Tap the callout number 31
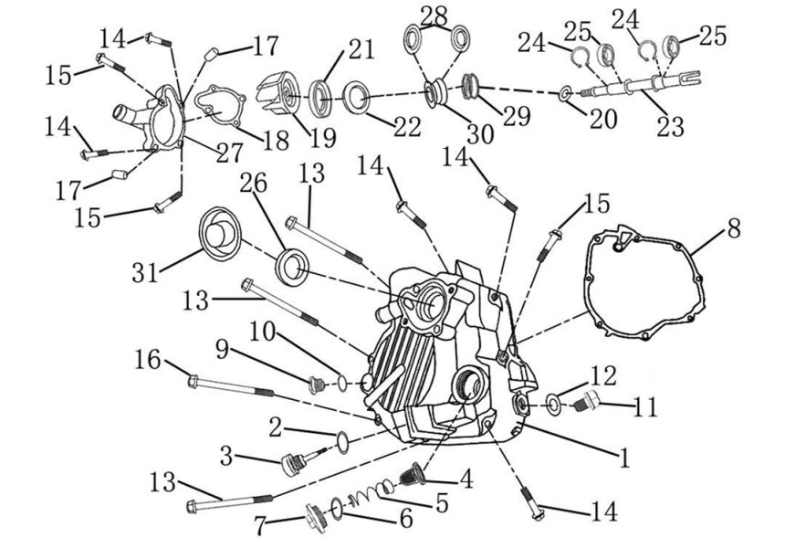pos(145,273)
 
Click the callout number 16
pos(147,360)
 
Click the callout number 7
pos(259,526)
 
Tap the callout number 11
pos(644,407)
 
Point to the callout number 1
pos(623,457)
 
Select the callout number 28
pos(434,16)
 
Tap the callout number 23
pos(670,126)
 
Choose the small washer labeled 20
pos(566,93)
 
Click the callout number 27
pos(229,153)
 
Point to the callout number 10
pos(263,332)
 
